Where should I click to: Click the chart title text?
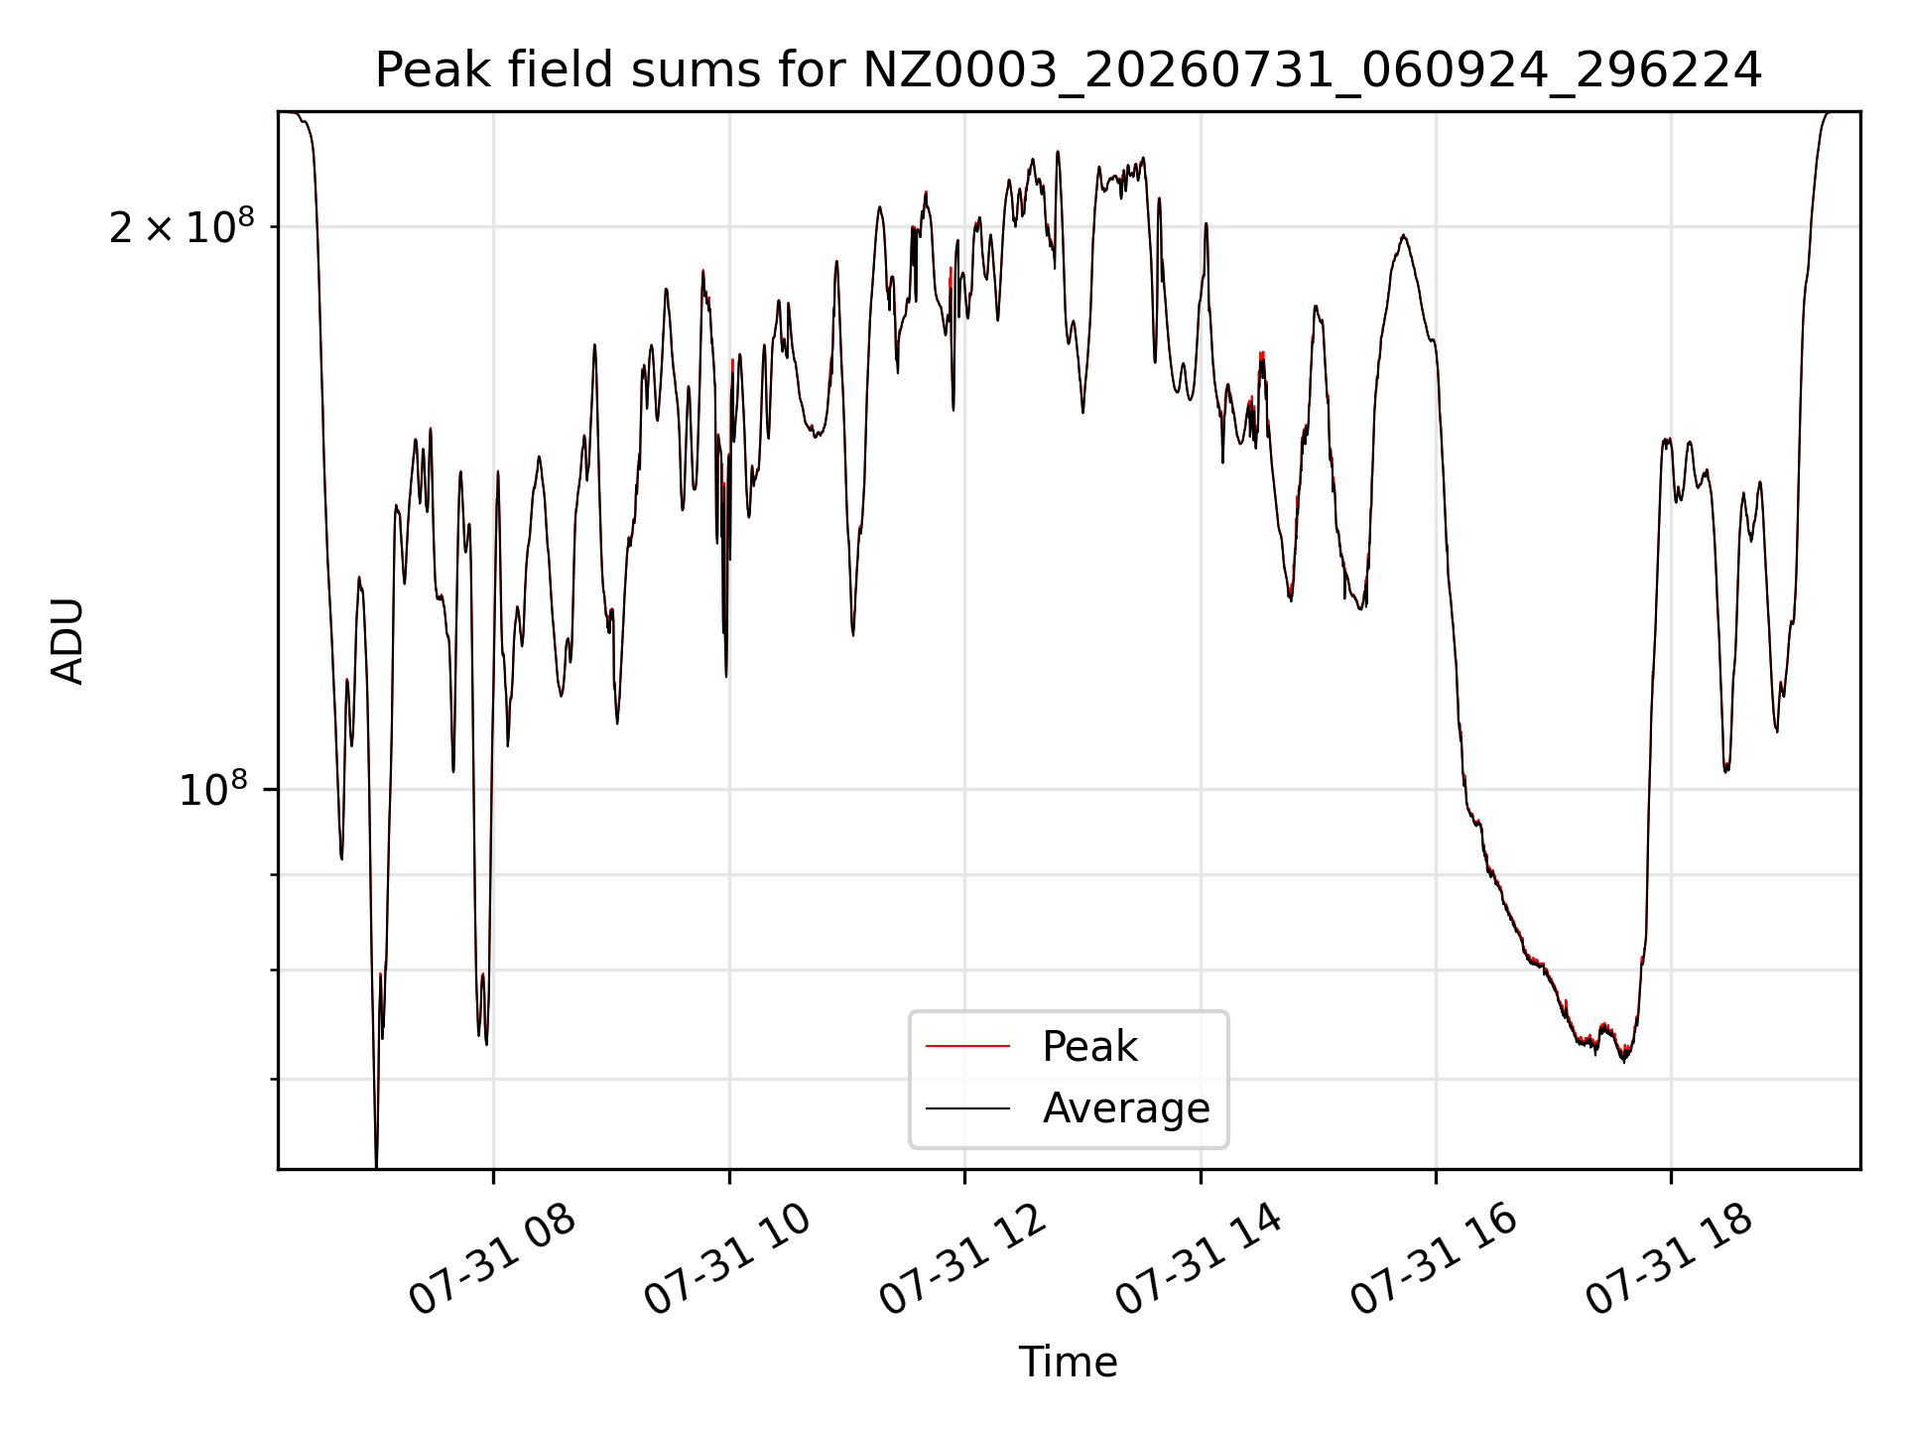click(1069, 70)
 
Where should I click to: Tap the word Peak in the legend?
click(1089, 1047)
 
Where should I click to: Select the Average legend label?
click(1126, 1107)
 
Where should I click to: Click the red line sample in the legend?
click(967, 1046)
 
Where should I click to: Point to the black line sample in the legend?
click(967, 1107)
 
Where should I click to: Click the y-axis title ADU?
click(67, 641)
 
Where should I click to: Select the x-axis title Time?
click(1069, 1363)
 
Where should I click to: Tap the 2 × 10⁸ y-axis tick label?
click(182, 227)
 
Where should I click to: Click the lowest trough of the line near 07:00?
click(376, 1163)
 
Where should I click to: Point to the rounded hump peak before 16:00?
click(1403, 236)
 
